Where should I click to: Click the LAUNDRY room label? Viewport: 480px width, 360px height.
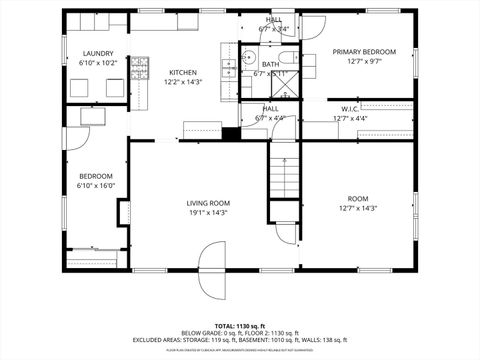coord(98,54)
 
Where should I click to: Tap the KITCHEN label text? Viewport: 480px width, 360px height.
coord(182,72)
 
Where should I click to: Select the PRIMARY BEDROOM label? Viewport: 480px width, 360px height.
coord(365,52)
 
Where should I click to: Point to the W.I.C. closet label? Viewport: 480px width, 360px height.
coord(349,109)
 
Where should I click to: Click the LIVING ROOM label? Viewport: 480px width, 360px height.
coord(208,203)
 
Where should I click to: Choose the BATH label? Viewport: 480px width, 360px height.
coord(270,64)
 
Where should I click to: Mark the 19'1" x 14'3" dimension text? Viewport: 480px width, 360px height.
coord(208,213)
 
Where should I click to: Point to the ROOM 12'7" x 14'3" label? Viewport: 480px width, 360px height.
coord(357,203)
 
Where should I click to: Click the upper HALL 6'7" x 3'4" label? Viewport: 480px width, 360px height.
coord(273,24)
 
